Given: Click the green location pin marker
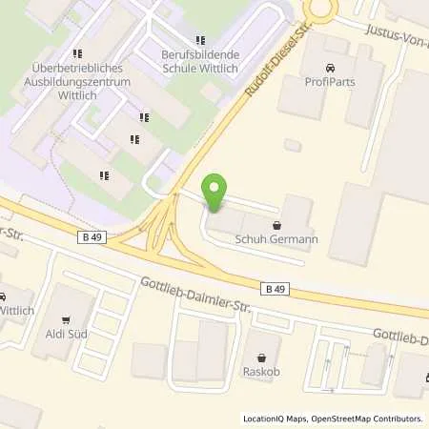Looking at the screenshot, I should pos(216,194).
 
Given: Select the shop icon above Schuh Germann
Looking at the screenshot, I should pos(276,226).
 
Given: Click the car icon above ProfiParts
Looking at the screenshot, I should pos(330,69).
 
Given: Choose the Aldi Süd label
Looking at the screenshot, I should pos(65,336).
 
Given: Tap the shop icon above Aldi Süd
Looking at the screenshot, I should pos(65,320).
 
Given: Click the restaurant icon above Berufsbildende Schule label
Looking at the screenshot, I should pos(199,40).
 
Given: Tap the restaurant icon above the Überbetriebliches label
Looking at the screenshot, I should pos(77,54).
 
